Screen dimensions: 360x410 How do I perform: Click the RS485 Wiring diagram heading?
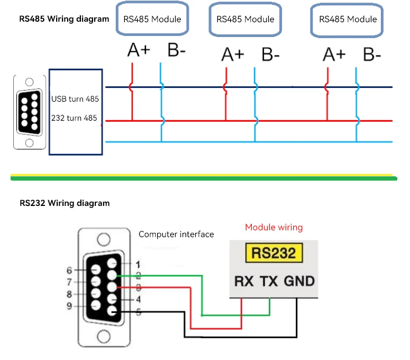(x=64, y=19)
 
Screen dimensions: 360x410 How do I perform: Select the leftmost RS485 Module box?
(x=152, y=19)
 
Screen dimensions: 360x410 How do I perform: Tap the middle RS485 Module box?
(x=245, y=19)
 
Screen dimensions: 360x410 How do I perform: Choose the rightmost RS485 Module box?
(x=348, y=19)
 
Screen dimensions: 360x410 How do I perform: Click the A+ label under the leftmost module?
(x=139, y=51)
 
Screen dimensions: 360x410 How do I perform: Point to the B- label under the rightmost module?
(x=372, y=55)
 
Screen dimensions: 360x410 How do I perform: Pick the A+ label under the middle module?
(x=233, y=55)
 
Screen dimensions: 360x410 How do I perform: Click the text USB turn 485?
(x=75, y=99)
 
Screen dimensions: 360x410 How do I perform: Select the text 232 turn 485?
(x=74, y=118)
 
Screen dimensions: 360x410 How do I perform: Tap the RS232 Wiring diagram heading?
(x=65, y=203)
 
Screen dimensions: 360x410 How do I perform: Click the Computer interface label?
(x=176, y=234)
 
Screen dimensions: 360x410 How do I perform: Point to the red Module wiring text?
(x=274, y=228)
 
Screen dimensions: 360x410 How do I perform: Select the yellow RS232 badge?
(x=274, y=254)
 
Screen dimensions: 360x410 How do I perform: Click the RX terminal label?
(x=243, y=281)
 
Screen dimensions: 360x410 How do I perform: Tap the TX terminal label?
(x=270, y=281)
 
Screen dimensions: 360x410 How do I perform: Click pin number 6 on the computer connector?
(x=69, y=271)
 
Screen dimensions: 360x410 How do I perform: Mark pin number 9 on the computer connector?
(x=69, y=305)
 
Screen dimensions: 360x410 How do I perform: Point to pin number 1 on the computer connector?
(x=138, y=264)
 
